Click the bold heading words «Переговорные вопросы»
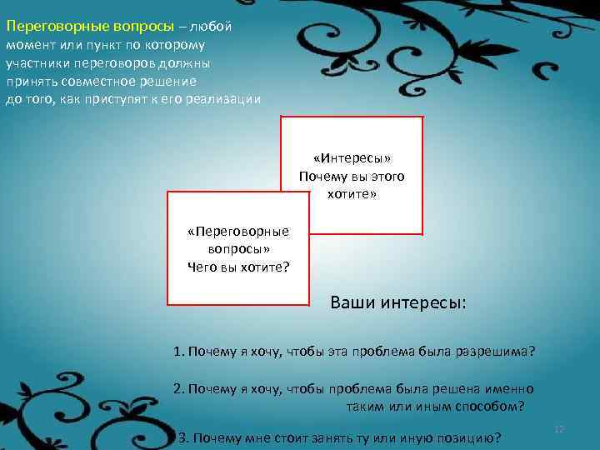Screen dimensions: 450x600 pos(87,26)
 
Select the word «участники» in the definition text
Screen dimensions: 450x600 pos(37,62)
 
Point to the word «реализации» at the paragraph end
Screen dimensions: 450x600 pos(226,99)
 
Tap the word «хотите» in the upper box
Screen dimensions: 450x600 pos(352,194)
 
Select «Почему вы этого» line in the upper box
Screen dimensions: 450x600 pos(352,177)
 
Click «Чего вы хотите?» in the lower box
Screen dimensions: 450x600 pos(238,267)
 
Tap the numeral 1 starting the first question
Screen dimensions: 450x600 pos(177,352)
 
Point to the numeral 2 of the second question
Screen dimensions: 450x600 pos(177,388)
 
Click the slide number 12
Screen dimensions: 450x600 pos(559,429)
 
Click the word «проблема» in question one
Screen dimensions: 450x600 pos(385,352)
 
